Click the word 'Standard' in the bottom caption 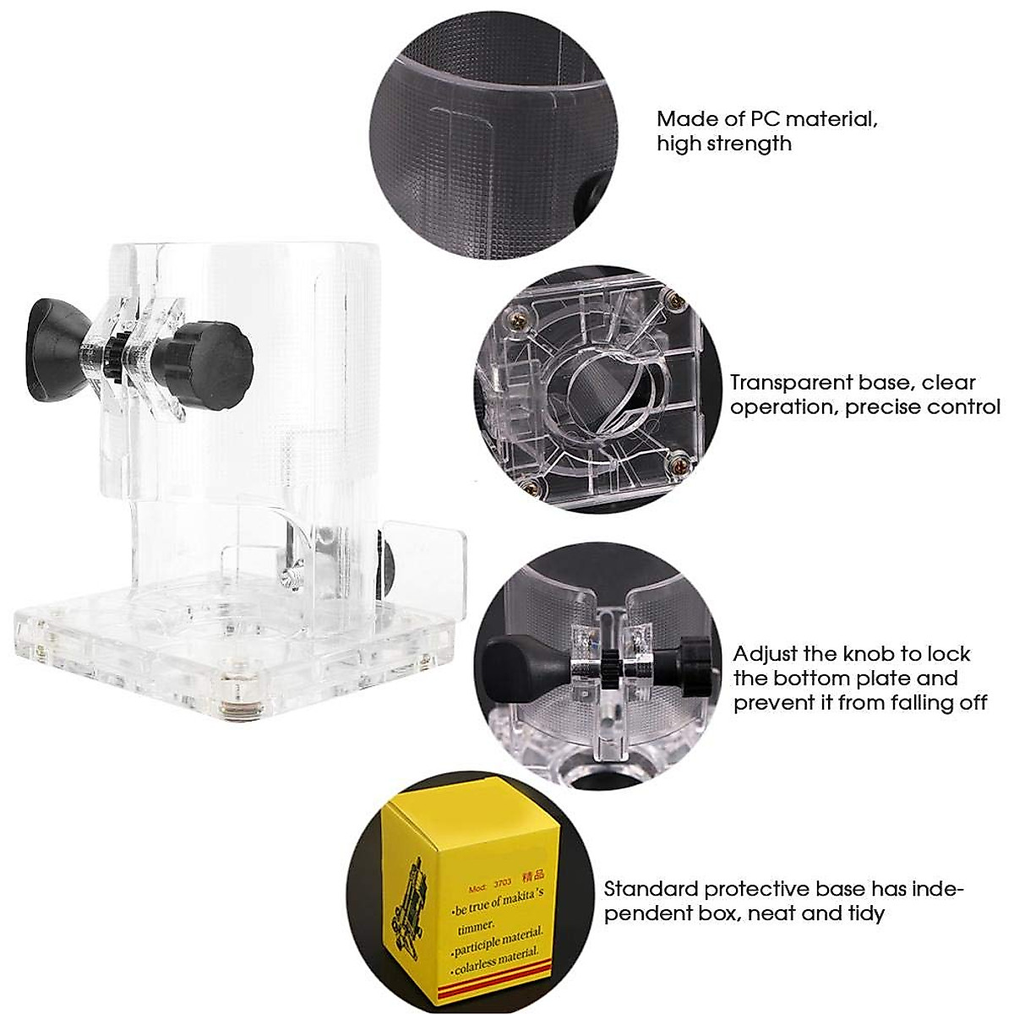click(651, 889)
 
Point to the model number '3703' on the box click(503, 880)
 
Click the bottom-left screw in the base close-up click(528, 485)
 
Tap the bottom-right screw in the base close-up click(676, 462)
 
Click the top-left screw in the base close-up click(515, 320)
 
